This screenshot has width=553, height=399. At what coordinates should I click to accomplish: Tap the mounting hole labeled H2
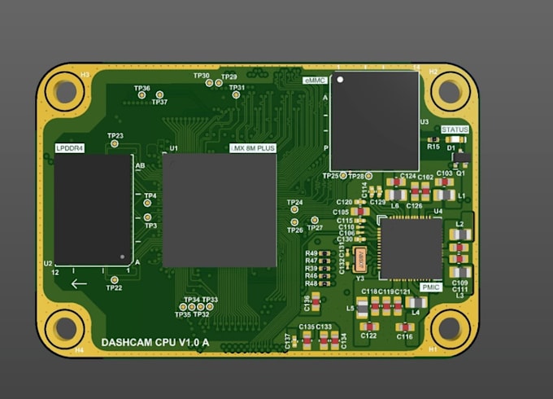pos(448,90)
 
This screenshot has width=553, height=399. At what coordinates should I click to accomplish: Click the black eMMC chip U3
pos(375,121)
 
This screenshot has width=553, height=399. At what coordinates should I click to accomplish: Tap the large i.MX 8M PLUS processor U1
pos(219,211)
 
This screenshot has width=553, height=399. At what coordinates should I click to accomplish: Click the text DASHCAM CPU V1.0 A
pos(155,343)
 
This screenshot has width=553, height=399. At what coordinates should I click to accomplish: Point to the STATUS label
pos(455,129)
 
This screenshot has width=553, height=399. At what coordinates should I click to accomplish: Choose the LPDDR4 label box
pos(71,147)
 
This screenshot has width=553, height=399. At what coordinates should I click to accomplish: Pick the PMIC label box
pos(431,287)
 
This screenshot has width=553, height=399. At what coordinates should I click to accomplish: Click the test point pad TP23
pos(115,144)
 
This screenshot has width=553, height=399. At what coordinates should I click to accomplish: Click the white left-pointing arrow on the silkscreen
pos(79,283)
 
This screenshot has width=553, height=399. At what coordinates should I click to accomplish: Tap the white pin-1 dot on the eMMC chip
pos(341,81)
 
